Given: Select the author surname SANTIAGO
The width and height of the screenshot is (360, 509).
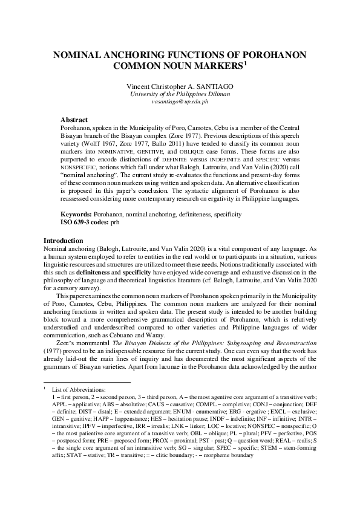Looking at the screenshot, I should [212, 86].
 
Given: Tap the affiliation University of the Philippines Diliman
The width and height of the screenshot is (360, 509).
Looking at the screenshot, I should [180, 94].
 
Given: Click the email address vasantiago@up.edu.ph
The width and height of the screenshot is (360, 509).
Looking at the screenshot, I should [180, 102].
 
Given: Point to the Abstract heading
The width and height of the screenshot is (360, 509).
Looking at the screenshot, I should [74, 120].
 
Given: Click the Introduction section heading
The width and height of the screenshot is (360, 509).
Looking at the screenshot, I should [65, 241].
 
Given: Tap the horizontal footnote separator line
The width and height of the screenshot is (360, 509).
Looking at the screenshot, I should [87, 382].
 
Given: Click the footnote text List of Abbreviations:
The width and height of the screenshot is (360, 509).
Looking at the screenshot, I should [79, 391].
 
